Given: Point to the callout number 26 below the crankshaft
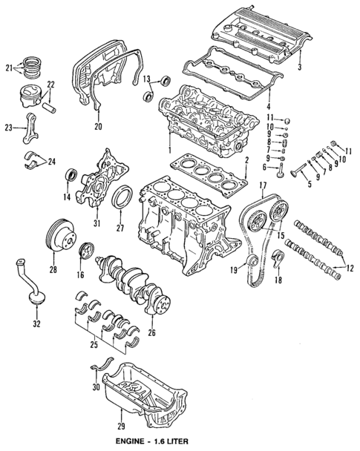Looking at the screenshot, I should (152, 332).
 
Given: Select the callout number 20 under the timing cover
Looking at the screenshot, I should (97, 127).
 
